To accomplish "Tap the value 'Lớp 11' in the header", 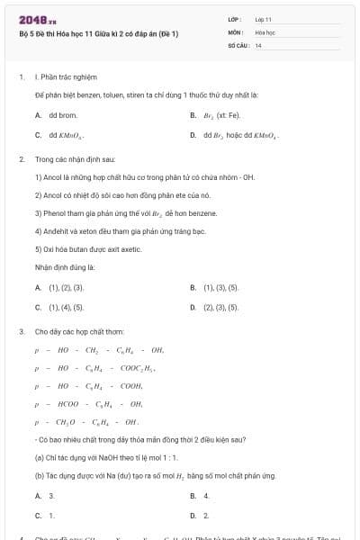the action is tap(264, 19).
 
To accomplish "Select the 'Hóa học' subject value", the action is tap(265, 31).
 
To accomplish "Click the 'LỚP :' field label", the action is tap(236, 19).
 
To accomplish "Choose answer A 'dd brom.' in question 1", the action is tap(56, 115).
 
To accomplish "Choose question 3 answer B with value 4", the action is tap(205, 496).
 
